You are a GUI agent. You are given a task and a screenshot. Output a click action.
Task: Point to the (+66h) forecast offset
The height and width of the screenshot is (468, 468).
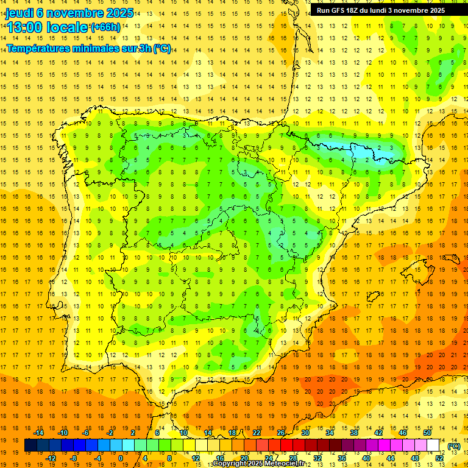[105, 27]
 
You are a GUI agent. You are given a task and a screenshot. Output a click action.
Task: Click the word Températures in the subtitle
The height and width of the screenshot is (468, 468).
[39, 49]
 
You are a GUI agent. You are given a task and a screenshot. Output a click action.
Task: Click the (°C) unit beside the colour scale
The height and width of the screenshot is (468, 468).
[453, 446]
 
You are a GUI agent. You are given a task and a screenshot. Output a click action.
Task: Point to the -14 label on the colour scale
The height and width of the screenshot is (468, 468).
[38, 433]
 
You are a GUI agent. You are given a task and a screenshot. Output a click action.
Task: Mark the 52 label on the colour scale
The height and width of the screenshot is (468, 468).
[440, 458]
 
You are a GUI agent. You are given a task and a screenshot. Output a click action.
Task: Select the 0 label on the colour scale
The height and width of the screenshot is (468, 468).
[120, 458]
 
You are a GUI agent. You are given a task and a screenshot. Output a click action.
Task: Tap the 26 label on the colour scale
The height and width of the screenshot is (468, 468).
[281, 433]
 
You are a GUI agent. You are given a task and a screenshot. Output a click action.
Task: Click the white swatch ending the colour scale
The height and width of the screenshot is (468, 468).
[433, 445]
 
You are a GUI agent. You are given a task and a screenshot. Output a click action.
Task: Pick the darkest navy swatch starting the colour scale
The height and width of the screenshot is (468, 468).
[30, 445]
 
